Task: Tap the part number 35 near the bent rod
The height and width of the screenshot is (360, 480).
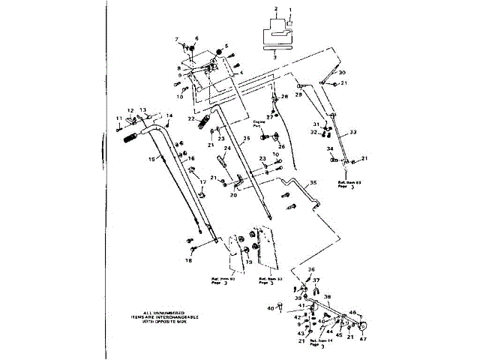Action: pos(313,182)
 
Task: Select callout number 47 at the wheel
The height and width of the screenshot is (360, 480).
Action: pos(364,340)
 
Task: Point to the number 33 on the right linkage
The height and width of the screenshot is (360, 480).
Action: pos(352,132)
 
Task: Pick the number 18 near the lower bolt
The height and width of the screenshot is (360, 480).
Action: pos(188,260)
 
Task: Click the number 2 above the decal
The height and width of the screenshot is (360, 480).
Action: pos(276,7)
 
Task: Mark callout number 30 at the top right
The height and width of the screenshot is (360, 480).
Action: pos(342,72)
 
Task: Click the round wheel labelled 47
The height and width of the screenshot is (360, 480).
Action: pos(363,327)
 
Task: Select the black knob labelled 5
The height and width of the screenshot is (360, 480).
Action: pos(220,51)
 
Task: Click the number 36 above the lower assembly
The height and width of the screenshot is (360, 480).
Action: pos(312,270)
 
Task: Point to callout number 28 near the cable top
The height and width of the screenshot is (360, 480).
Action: pos(284,97)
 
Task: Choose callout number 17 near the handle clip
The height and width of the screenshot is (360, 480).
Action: pos(202,182)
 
